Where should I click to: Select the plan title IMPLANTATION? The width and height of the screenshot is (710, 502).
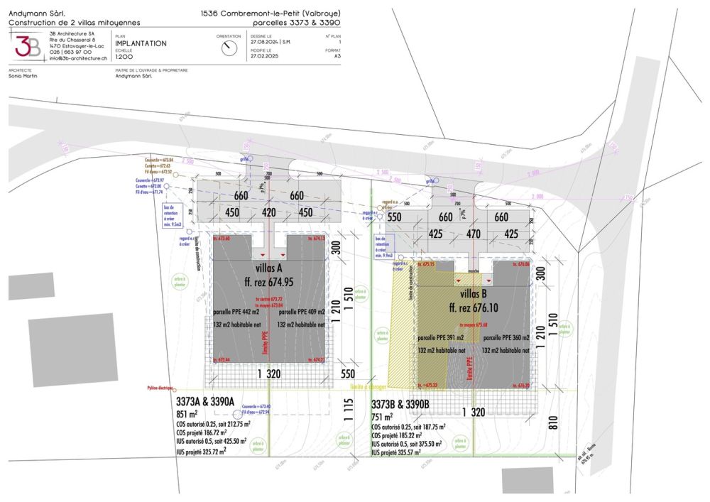141,43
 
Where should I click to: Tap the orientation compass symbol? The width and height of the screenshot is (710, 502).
229,48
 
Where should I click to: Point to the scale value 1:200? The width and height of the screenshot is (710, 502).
124,57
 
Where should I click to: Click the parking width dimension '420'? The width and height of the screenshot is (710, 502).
268,212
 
